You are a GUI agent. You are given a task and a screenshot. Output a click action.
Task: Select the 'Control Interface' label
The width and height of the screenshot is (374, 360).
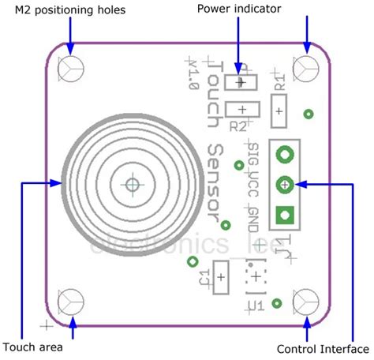point(323,348)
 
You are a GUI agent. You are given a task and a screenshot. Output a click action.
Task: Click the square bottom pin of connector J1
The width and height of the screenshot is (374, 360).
point(285,213)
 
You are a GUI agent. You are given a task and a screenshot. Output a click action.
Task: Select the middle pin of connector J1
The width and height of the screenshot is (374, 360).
point(285,184)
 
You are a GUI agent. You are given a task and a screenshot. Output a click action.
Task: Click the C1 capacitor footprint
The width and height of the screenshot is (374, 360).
point(221,278)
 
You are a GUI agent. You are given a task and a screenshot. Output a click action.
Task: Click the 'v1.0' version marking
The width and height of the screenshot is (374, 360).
point(192,76)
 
